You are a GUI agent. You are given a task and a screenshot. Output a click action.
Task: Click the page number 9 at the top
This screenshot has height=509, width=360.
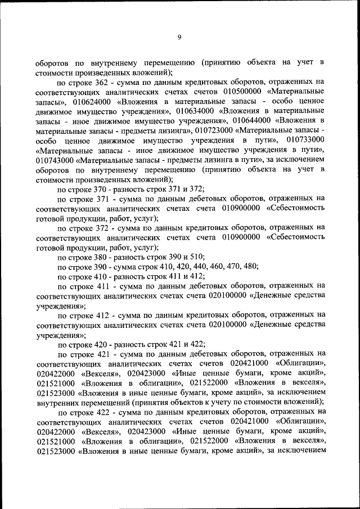pos(179,37)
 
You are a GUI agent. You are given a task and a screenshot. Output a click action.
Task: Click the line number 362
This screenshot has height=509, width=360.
pos(100,82)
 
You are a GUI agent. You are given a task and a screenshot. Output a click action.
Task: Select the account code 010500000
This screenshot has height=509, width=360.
pos(242,92)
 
